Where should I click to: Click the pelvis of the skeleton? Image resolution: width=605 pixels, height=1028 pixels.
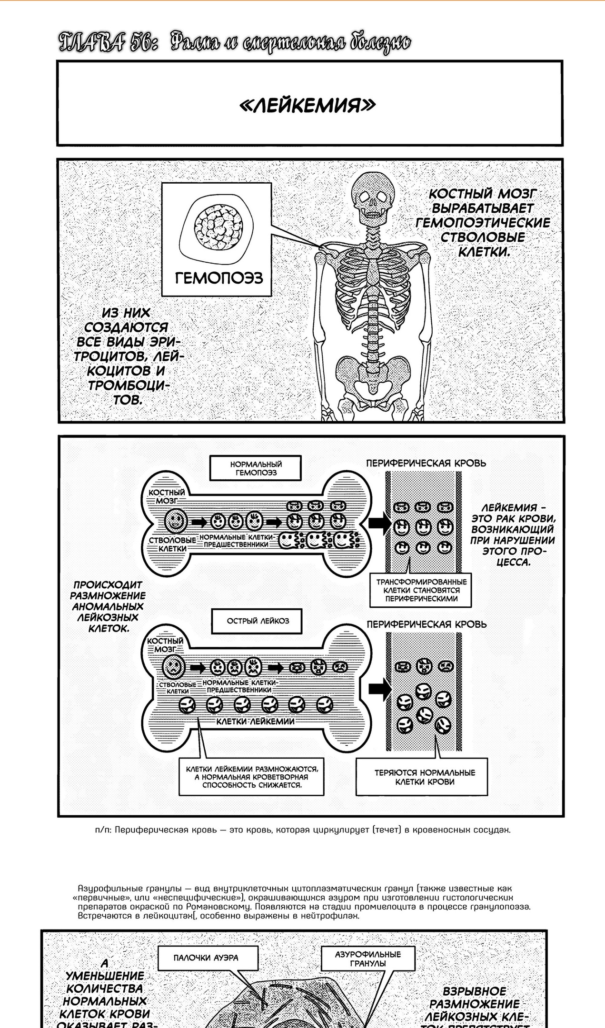coord(373,373)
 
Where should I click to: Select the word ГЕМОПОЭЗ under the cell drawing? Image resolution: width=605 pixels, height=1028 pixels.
coord(219,278)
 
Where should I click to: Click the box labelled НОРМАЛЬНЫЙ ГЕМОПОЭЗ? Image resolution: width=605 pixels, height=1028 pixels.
coord(256,468)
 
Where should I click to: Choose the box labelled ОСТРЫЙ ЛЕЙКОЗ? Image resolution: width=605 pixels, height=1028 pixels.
coord(258,621)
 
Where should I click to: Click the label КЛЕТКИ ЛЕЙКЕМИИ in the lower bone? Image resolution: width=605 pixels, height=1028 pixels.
coord(255,721)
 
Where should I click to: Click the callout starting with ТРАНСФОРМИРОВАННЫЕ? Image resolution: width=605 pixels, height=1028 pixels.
coord(421,590)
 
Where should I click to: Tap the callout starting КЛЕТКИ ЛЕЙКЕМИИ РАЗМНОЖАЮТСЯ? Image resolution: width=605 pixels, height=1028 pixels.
coord(252,777)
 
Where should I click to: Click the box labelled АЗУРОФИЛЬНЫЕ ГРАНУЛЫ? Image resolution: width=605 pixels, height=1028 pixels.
coord(368,959)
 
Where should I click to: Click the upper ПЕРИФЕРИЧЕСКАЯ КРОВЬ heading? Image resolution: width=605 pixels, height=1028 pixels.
coord(426,463)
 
